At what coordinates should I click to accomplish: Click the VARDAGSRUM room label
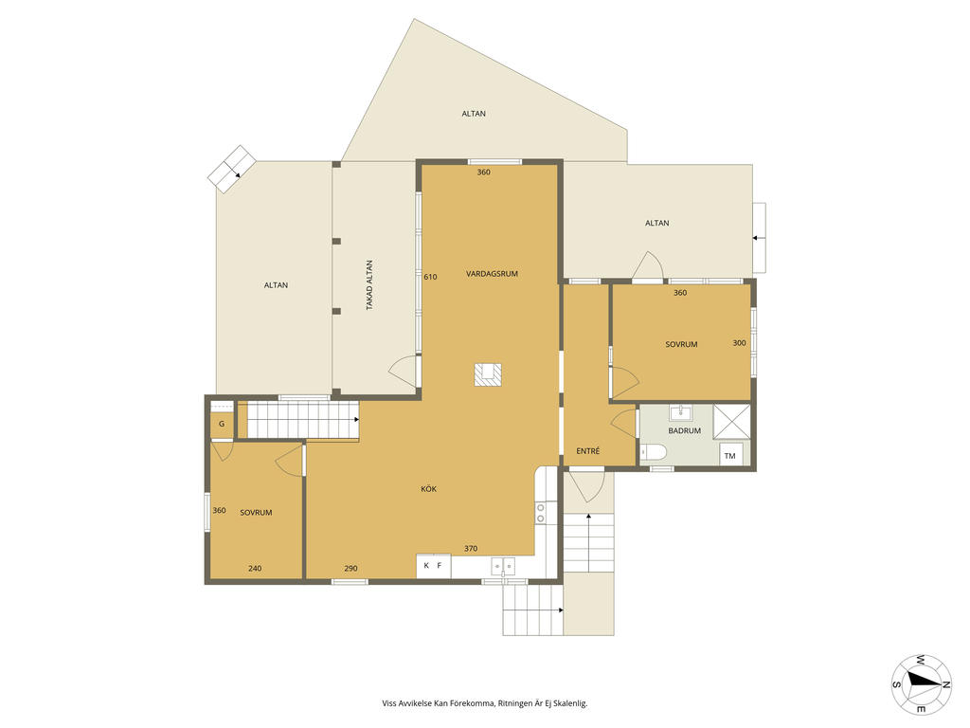[492, 274]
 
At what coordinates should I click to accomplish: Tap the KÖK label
[429, 489]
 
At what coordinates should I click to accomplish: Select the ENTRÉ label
[587, 451]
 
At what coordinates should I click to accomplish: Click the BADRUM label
[684, 431]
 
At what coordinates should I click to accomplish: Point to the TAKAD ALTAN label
[369, 284]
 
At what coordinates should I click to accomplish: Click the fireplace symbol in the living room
[488, 374]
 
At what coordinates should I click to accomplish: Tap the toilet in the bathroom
[654, 452]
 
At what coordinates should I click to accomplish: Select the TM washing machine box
[730, 456]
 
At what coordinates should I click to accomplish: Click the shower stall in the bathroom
[732, 422]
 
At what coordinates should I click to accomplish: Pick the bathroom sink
[680, 412]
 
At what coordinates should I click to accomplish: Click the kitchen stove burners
[541, 513]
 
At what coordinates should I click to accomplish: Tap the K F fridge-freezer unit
[433, 566]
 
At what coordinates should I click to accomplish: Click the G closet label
[222, 424]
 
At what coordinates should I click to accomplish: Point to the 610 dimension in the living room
[430, 278]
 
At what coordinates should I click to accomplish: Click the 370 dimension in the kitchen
[471, 549]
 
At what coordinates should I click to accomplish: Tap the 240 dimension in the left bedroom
[255, 569]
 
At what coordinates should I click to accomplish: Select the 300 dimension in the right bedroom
[739, 343]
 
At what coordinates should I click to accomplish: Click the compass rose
[921, 684]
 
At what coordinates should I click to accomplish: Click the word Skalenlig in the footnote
[568, 703]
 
